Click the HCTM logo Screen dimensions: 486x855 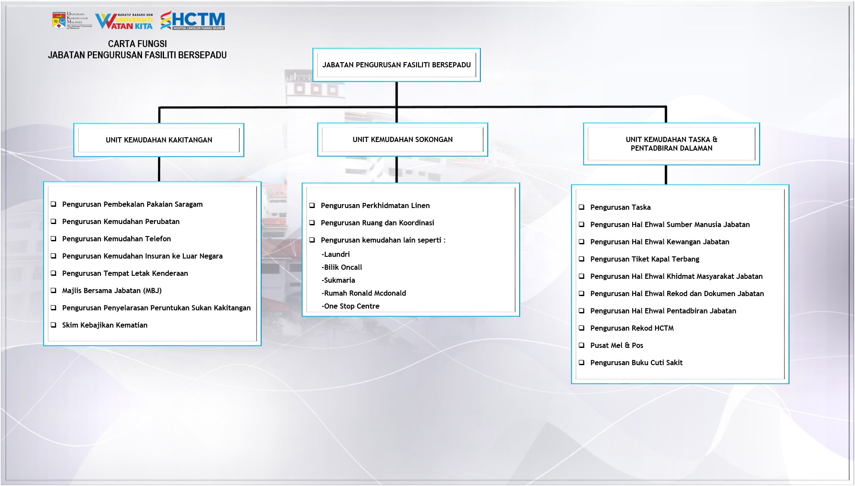point(193,20)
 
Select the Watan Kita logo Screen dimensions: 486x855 point(124,21)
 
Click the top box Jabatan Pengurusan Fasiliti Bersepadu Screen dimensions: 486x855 point(396,65)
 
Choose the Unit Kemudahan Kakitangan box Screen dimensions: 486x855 point(159,140)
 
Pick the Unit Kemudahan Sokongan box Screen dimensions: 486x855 point(402,139)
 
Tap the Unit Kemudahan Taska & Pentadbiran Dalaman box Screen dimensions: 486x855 point(671,144)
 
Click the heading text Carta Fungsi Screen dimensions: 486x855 point(137,44)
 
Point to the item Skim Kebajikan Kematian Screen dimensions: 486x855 point(104,325)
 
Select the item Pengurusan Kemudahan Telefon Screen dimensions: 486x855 point(116,239)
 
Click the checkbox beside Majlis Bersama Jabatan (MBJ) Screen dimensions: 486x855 point(54,290)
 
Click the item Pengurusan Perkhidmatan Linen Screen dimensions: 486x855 point(375,205)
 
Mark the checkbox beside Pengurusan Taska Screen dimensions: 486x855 point(581,207)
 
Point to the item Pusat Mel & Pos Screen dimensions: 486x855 point(616,345)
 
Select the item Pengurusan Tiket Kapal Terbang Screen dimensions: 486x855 point(644,259)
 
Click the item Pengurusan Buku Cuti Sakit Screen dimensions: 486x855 point(636,363)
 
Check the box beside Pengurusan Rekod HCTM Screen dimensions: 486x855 point(581,328)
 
